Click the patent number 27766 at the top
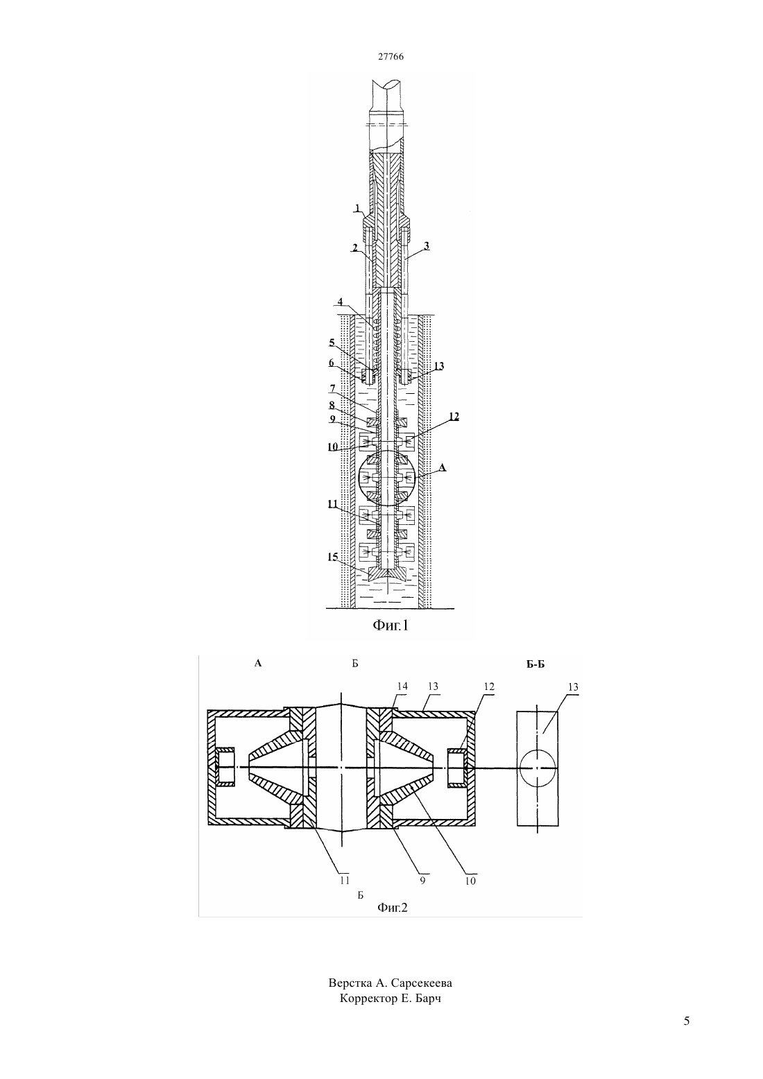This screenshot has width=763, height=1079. click(x=390, y=56)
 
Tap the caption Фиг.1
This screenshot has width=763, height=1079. click(x=390, y=625)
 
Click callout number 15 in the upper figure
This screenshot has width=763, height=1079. click(x=333, y=557)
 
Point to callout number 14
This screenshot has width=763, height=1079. click(x=402, y=687)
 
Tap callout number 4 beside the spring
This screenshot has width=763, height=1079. click(x=340, y=302)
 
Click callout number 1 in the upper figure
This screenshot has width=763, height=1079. click(x=357, y=208)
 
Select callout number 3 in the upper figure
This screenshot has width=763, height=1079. click(x=427, y=245)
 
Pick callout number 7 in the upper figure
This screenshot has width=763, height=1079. click(x=332, y=388)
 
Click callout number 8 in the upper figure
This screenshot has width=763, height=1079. click(x=332, y=406)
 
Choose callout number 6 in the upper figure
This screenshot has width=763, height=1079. click(x=331, y=363)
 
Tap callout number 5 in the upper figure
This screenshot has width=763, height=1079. click(x=332, y=343)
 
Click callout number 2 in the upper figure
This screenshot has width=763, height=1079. click(x=354, y=248)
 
